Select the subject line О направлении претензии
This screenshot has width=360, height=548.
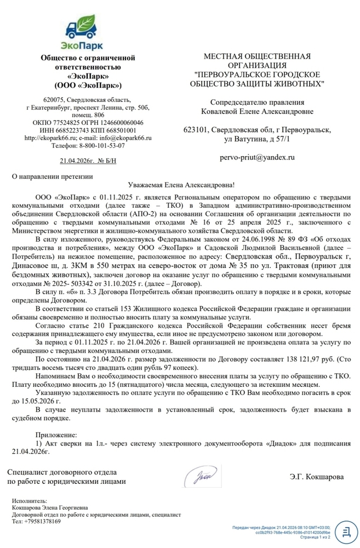point(53,176)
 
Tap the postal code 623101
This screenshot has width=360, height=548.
point(196,130)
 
